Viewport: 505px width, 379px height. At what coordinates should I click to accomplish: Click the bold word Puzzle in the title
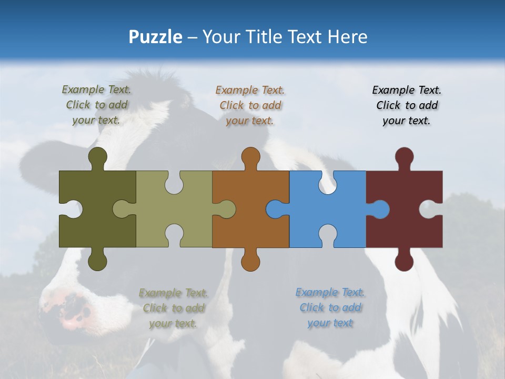tap(156, 37)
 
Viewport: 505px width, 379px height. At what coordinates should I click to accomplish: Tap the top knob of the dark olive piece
tap(98, 156)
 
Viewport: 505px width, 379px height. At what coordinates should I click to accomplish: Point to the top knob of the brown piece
tap(251, 156)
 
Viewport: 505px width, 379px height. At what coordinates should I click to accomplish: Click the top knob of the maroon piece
tap(404, 156)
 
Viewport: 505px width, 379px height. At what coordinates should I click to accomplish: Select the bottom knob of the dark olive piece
tap(98, 262)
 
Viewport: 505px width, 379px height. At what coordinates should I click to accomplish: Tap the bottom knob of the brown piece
tap(251, 262)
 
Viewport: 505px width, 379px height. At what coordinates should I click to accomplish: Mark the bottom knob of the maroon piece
tap(404, 262)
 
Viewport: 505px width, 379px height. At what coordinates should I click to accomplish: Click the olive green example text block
tap(97, 105)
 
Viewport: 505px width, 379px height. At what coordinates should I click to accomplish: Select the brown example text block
tap(250, 105)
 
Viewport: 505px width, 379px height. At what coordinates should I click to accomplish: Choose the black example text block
tap(407, 105)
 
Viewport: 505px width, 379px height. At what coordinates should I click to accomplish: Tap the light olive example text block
tap(173, 308)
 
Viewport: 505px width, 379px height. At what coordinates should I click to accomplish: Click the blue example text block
tap(330, 307)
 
